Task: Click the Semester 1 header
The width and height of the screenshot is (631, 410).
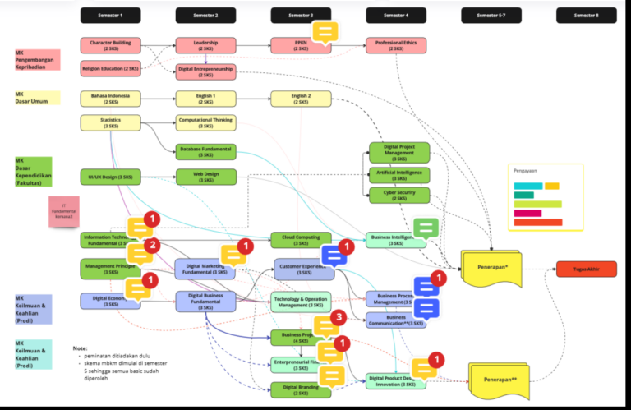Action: tap(110, 16)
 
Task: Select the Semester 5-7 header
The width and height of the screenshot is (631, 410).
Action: tap(491, 16)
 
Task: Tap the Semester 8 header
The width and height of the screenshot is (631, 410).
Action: tap(586, 16)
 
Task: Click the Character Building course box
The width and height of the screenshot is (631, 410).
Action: tap(110, 45)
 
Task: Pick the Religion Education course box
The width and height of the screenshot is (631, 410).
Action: tap(110, 68)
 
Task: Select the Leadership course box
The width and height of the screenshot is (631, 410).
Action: tap(205, 45)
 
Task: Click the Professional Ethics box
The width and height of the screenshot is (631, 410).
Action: tap(396, 45)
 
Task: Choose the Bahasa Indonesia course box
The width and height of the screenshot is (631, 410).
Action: tap(110, 99)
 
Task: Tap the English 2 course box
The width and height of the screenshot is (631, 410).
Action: tap(301, 99)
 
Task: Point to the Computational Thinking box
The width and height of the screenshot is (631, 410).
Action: tap(205, 122)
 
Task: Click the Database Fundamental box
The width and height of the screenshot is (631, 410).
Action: tap(205, 151)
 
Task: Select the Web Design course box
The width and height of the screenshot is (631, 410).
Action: tap(205, 177)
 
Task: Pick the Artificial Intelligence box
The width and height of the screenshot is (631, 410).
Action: tap(398, 174)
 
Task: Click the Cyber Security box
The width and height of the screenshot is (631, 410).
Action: tap(398, 196)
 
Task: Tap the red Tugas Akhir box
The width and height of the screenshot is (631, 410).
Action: tap(586, 269)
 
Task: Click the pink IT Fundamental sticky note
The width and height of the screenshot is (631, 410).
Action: tap(63, 211)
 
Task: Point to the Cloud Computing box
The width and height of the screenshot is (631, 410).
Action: tap(301, 239)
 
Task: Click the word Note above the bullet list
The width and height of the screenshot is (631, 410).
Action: tap(81, 348)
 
